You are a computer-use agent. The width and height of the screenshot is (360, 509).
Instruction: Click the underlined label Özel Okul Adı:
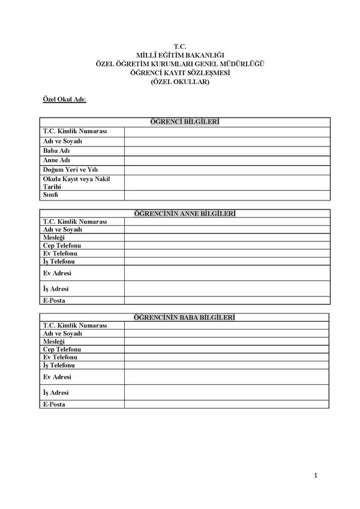coord(64,99)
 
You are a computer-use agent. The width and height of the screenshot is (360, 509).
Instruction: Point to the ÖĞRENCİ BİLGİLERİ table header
coord(185,122)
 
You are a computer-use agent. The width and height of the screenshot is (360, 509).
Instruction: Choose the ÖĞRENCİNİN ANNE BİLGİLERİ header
coord(185,213)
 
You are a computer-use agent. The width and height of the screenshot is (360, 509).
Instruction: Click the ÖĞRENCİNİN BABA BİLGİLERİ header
coord(185,316)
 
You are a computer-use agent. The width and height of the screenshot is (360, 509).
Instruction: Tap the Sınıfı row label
coord(50,195)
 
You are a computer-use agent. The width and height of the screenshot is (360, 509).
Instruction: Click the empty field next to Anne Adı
coord(227,160)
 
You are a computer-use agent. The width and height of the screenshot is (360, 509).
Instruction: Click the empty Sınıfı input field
coord(227,195)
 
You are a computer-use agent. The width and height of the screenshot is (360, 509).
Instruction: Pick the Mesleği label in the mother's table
coord(54,238)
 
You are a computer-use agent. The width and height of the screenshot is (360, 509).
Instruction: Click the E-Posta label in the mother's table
coord(55,300)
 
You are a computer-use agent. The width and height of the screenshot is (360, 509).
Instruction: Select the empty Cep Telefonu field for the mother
coord(227,245)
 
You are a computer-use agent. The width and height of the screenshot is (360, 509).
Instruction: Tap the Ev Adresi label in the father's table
coord(57,377)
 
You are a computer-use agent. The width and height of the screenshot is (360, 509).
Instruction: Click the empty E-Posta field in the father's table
coord(227,405)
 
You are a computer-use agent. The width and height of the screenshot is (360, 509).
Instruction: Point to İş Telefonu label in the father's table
coord(59,365)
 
